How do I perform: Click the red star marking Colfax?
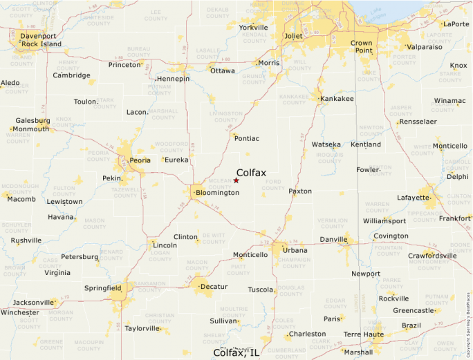click(x=236, y=180)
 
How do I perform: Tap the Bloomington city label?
click(x=217, y=193)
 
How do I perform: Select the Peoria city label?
click(x=140, y=161)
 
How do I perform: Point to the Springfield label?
click(x=102, y=287)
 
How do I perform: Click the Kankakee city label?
click(x=337, y=99)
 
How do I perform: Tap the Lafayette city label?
click(x=413, y=198)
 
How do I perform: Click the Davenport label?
click(x=38, y=35)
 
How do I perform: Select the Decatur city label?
click(x=213, y=286)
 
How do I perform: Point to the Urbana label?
click(x=295, y=249)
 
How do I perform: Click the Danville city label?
click(x=333, y=240)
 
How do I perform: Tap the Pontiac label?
click(x=247, y=138)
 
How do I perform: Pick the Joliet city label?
click(x=294, y=36)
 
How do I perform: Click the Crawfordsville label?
click(x=432, y=256)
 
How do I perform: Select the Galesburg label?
click(x=33, y=120)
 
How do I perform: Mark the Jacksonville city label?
click(x=33, y=303)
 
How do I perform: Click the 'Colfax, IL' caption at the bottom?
click(x=236, y=352)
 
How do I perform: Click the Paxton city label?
click(x=300, y=191)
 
